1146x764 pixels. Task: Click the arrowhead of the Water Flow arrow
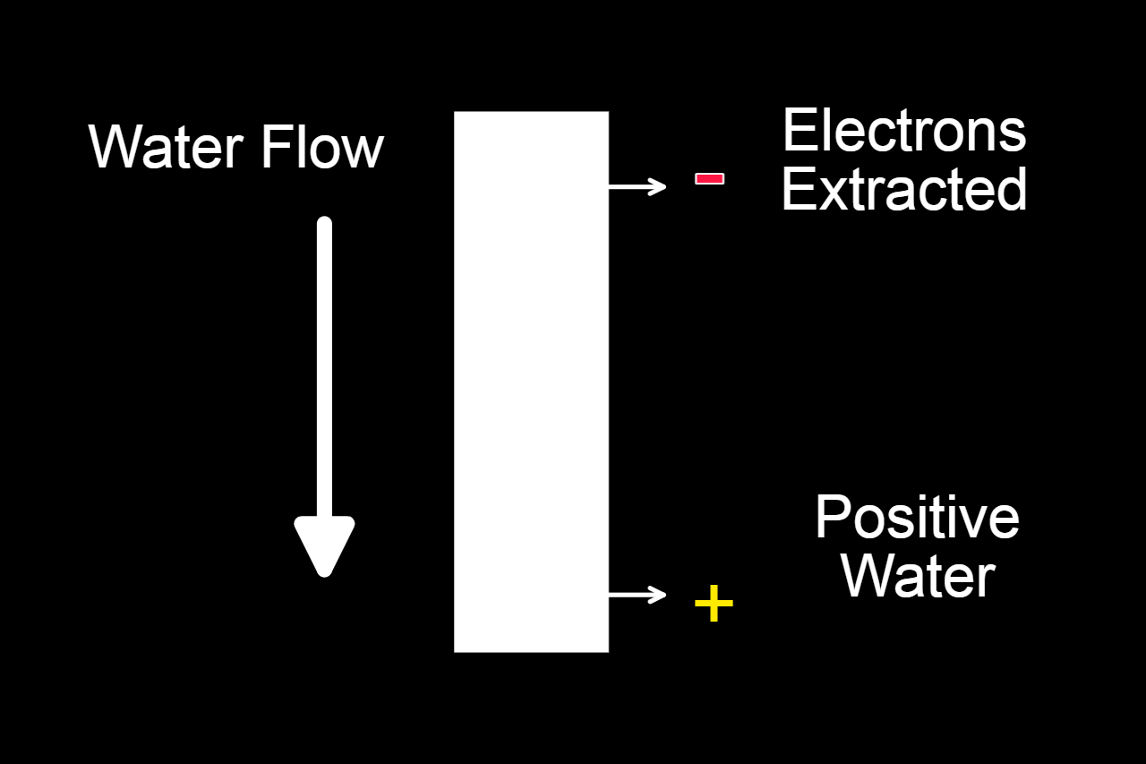tap(325, 545)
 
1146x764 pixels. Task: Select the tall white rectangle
tap(531, 382)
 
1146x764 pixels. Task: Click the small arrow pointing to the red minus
tap(637, 186)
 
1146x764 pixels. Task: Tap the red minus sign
tap(709, 179)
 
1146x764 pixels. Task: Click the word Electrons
tap(904, 131)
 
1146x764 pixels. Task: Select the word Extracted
tap(904, 189)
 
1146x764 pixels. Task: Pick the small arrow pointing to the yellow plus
tap(637, 594)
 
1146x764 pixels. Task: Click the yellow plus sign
tap(714, 605)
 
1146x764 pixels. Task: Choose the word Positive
tap(917, 517)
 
